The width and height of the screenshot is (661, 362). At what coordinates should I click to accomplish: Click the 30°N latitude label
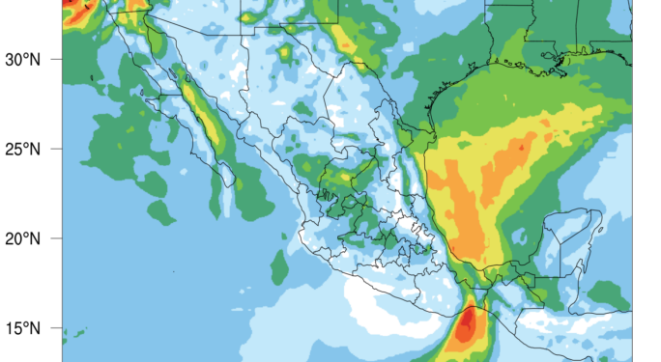[x=20, y=60]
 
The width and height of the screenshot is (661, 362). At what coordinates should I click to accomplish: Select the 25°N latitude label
[x=20, y=150]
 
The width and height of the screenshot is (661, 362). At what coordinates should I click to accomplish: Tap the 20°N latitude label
[x=20, y=238]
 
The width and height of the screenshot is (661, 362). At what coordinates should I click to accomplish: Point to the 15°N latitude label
[x=20, y=328]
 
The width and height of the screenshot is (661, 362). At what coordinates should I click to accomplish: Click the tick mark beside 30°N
[x=59, y=60]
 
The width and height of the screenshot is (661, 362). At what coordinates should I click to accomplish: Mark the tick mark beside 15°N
[x=59, y=328]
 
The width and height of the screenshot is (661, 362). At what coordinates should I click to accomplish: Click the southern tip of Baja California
[x=231, y=183]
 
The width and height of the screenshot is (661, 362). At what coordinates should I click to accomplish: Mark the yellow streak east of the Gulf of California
[x=208, y=121]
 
